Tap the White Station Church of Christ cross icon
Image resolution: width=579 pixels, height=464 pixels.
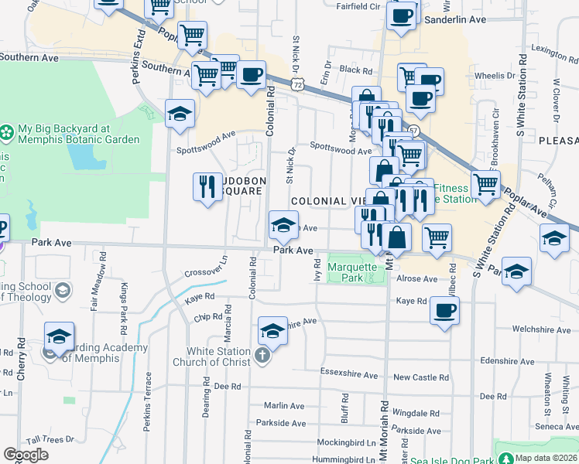tap(262, 356)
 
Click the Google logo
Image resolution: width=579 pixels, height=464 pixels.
tap(26, 455)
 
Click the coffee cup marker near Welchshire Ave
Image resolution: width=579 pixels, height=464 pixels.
tap(444, 311)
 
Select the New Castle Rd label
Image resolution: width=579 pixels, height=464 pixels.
tap(420, 377)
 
